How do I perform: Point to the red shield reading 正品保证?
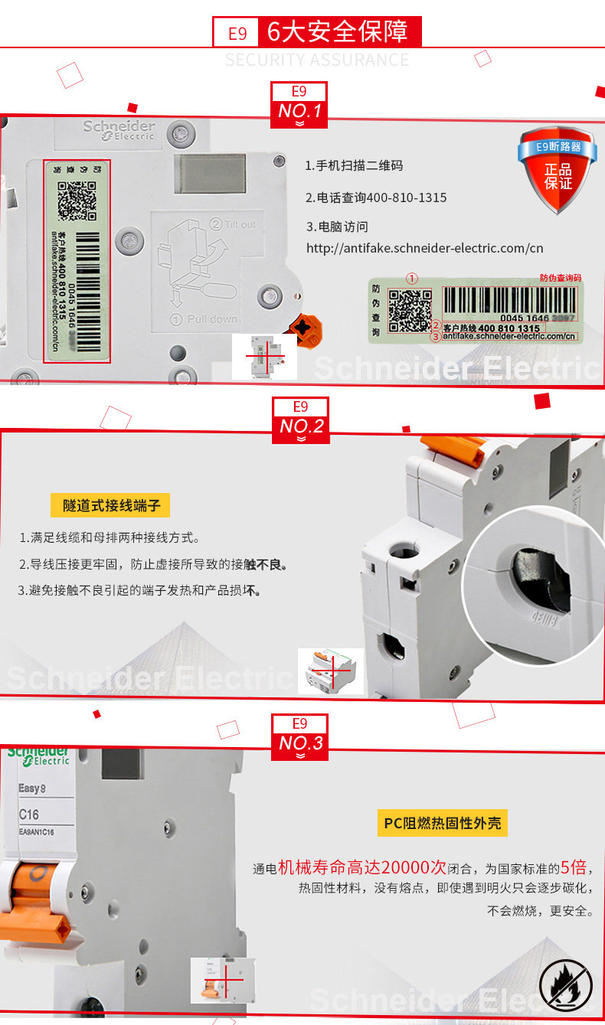[558, 170]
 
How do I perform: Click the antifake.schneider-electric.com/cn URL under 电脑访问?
[424, 248]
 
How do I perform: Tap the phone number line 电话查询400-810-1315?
[376, 197]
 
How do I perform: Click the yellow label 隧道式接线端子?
[110, 505]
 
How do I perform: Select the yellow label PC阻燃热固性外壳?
[443, 823]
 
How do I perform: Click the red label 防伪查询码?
[561, 278]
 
